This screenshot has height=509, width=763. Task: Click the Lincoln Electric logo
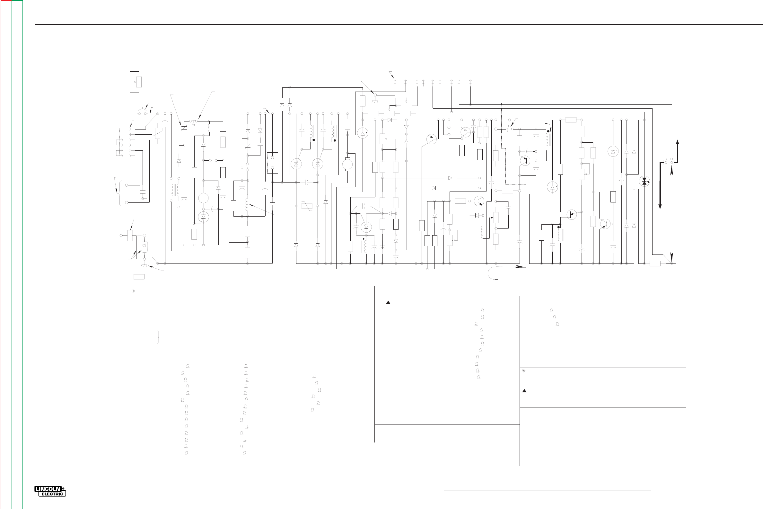point(50,491)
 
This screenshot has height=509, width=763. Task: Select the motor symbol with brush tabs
point(347,164)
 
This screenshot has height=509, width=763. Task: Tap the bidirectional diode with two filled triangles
point(644,181)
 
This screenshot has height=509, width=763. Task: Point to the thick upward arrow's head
point(677,142)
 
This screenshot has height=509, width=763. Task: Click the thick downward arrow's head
point(660,206)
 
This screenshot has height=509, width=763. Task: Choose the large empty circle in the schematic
point(203,198)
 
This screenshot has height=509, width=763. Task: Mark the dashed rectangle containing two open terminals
point(272,163)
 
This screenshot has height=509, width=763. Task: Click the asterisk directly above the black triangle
point(523,371)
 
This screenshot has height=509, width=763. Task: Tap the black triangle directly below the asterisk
point(524,391)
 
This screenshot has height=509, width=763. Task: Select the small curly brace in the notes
point(158,337)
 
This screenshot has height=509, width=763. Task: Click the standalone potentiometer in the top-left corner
point(139,82)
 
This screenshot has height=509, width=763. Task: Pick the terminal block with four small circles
point(668,161)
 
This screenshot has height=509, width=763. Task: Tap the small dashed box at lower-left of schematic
point(145,247)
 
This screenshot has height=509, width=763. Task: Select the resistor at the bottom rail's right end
point(655,263)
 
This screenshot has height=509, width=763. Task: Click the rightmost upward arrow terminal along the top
point(470,81)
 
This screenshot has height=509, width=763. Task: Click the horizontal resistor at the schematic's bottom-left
point(139,277)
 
